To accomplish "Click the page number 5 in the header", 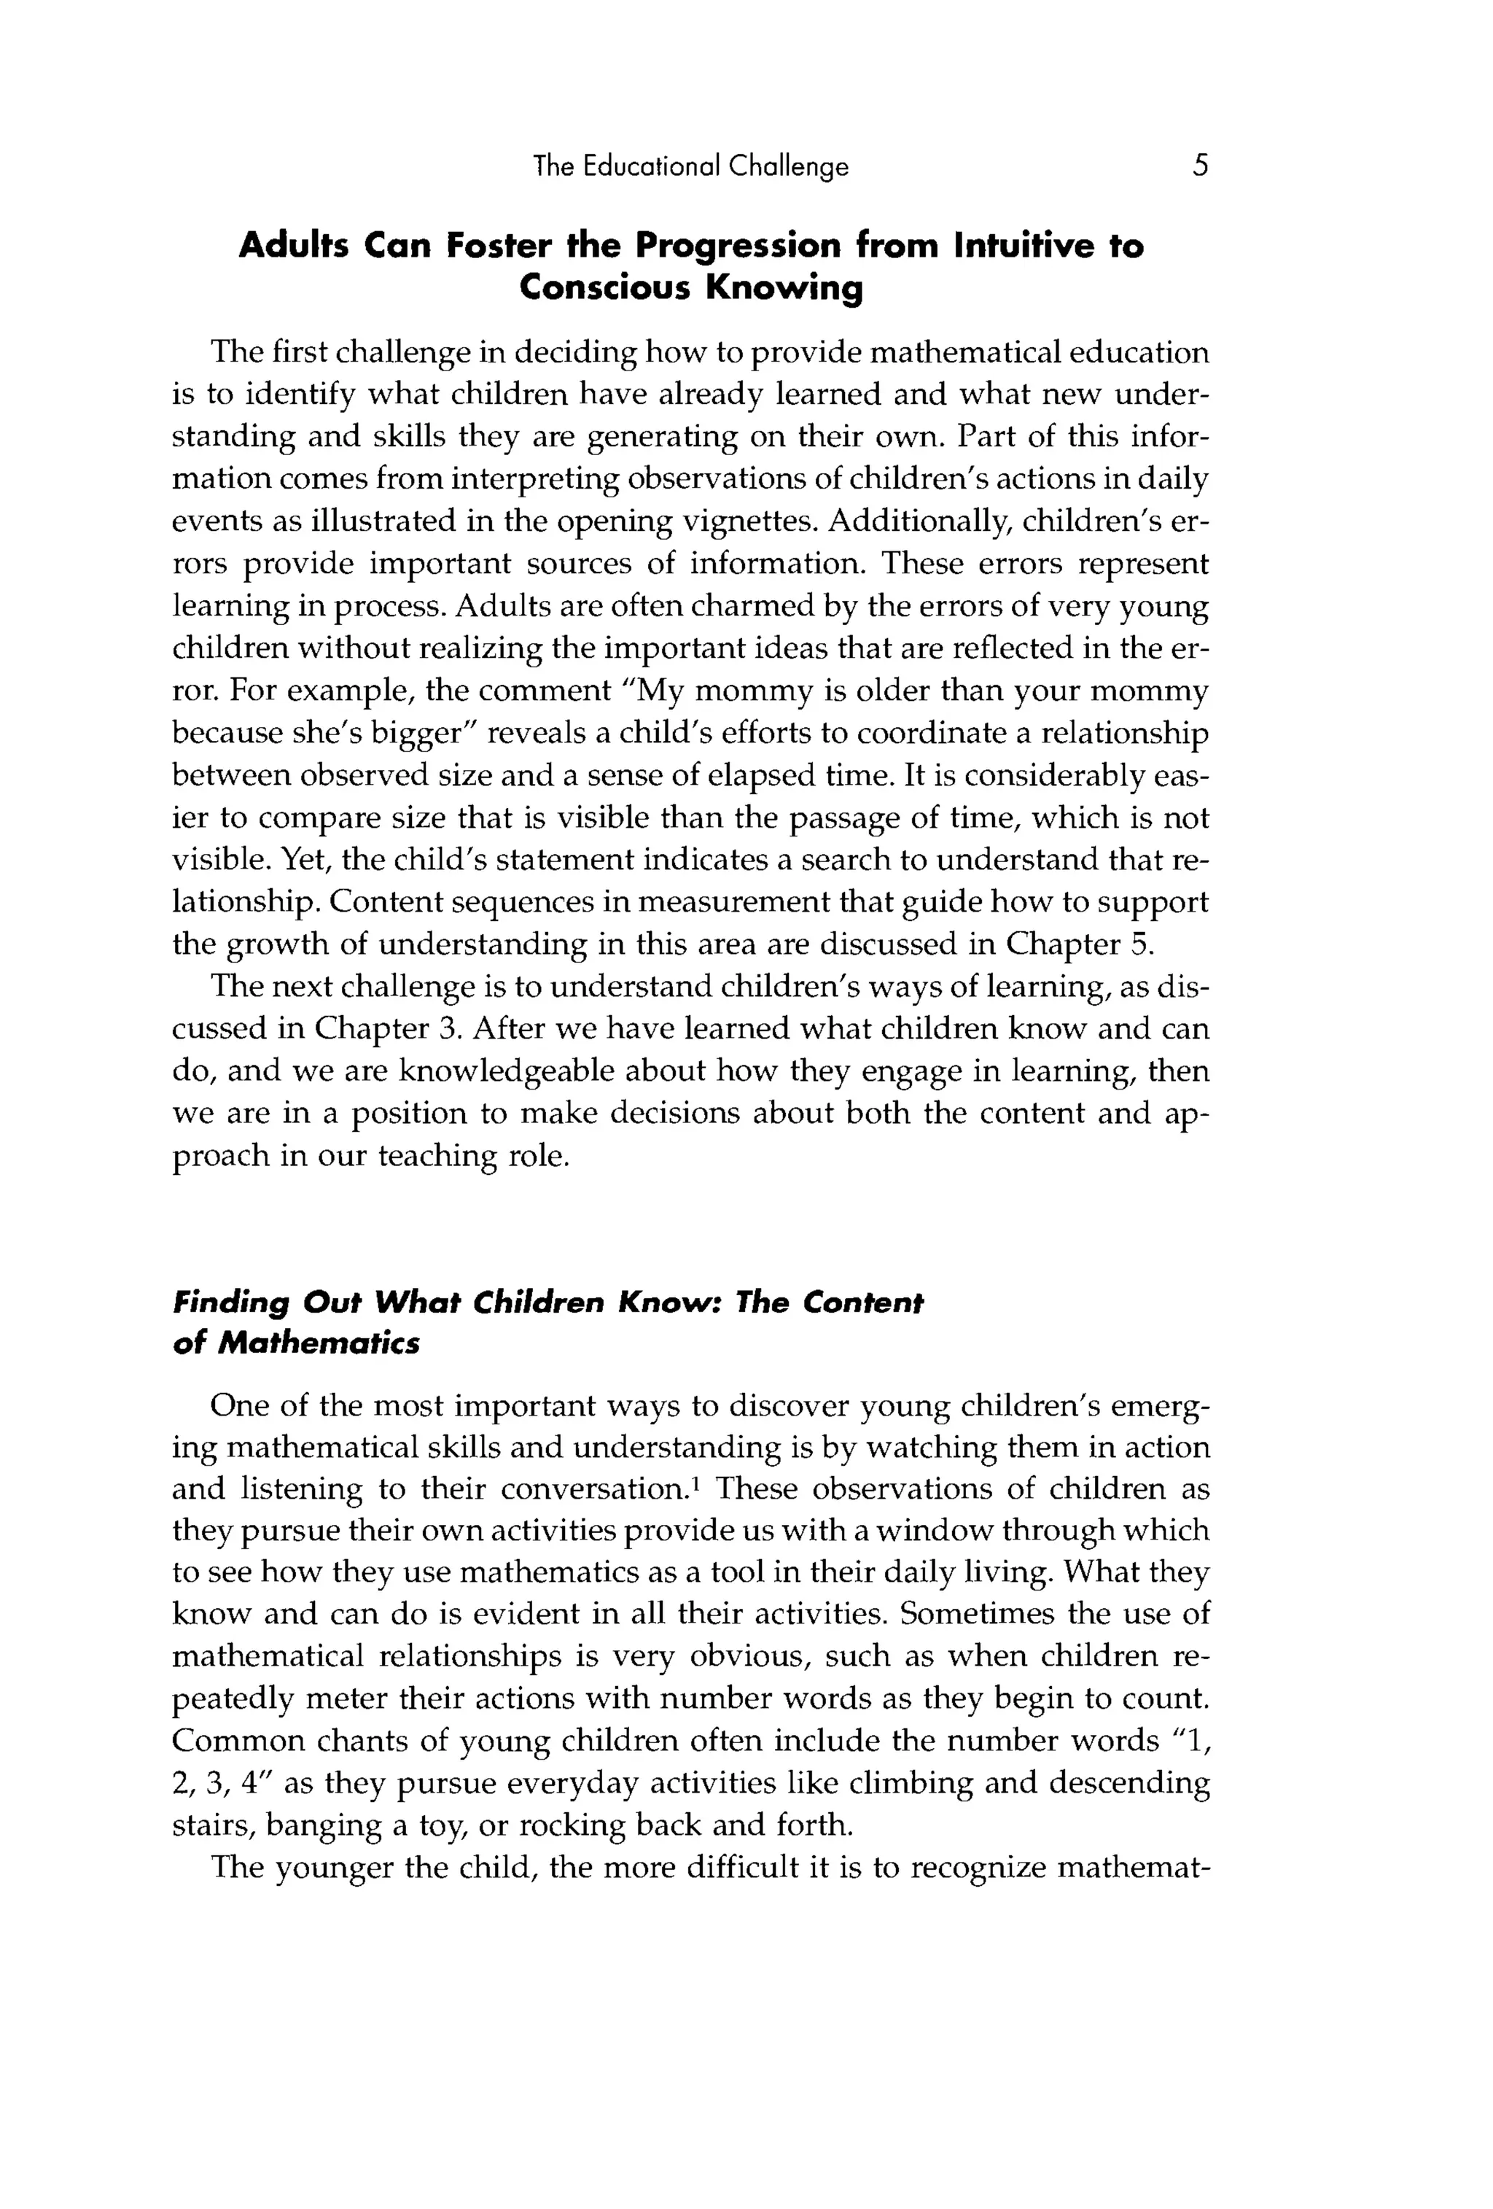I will click(1200, 166).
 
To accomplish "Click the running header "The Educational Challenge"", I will click(691, 167).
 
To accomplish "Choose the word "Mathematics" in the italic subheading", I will click(319, 1344).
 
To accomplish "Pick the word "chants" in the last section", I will click(369, 1740).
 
